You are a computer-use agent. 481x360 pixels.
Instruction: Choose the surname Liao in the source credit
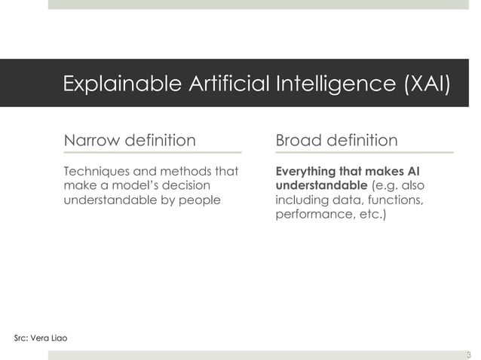[59, 337]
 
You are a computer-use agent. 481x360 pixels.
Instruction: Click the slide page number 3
[468, 355]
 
